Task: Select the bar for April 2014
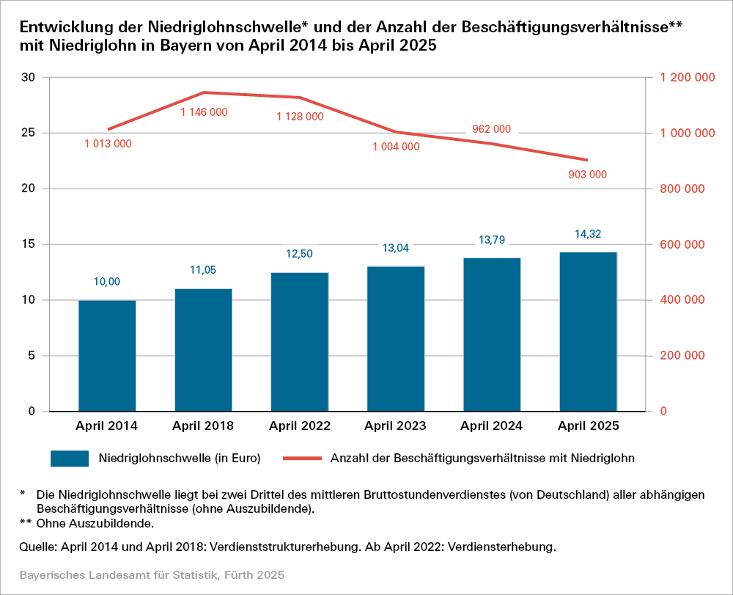click(x=107, y=355)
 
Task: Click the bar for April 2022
click(x=300, y=341)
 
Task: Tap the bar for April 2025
click(x=588, y=331)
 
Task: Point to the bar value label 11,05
click(x=203, y=270)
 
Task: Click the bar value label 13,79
click(x=492, y=240)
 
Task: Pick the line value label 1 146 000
click(x=204, y=112)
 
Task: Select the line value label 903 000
click(x=588, y=175)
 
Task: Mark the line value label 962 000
click(x=491, y=129)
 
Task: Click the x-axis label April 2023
click(x=396, y=426)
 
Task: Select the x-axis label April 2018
click(x=203, y=426)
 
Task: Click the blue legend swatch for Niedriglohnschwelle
click(x=70, y=459)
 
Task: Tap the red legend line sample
click(x=295, y=459)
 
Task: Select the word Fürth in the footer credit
click(x=239, y=574)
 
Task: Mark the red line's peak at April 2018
click(x=204, y=92)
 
